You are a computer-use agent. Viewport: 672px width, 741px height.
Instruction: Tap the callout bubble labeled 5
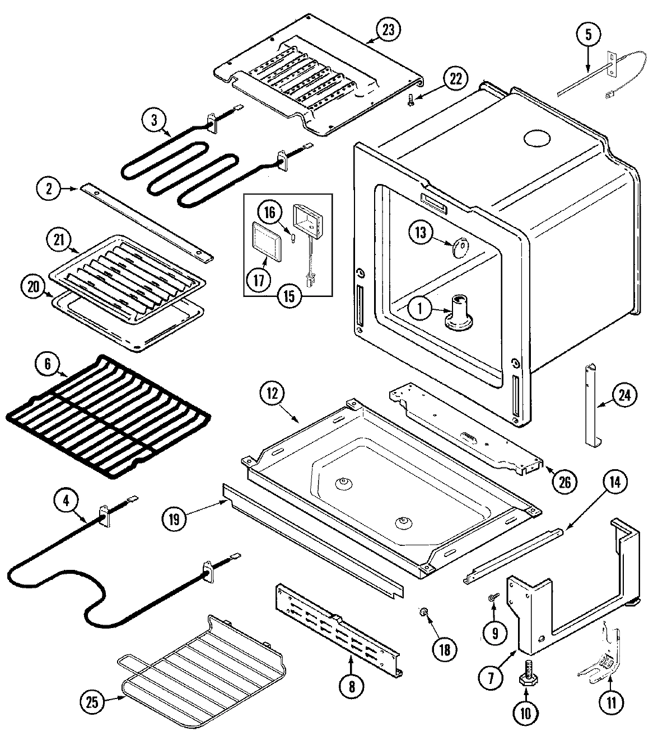tap(588, 35)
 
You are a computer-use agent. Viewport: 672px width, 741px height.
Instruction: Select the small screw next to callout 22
tap(412, 100)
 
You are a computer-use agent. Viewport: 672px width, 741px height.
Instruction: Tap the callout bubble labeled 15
tap(288, 296)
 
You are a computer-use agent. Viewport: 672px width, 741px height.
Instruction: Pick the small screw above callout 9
tap(493, 598)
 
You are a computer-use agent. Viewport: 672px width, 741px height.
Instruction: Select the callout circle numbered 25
tap(94, 702)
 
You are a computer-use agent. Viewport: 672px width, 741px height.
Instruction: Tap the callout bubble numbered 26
tap(564, 480)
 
